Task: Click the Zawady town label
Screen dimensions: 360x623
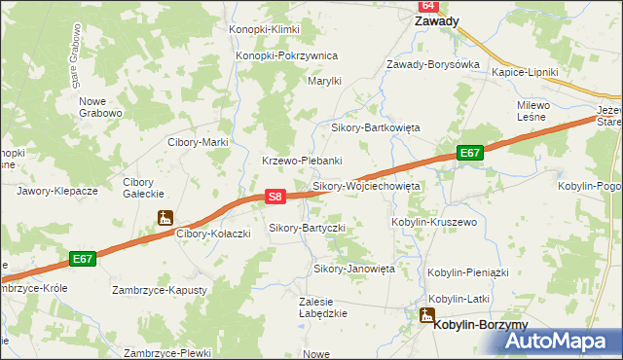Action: click(437, 20)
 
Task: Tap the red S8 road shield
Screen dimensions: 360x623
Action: click(275, 197)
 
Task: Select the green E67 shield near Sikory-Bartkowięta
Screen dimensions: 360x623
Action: click(470, 154)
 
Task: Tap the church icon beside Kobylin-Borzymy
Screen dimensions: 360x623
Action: click(426, 314)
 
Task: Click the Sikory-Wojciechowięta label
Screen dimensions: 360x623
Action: click(365, 185)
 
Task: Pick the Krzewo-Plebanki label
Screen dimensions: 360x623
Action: click(301, 161)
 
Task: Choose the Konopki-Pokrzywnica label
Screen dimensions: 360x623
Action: click(286, 55)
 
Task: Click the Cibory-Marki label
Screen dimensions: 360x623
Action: click(198, 142)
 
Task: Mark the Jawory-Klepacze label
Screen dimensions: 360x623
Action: click(57, 191)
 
